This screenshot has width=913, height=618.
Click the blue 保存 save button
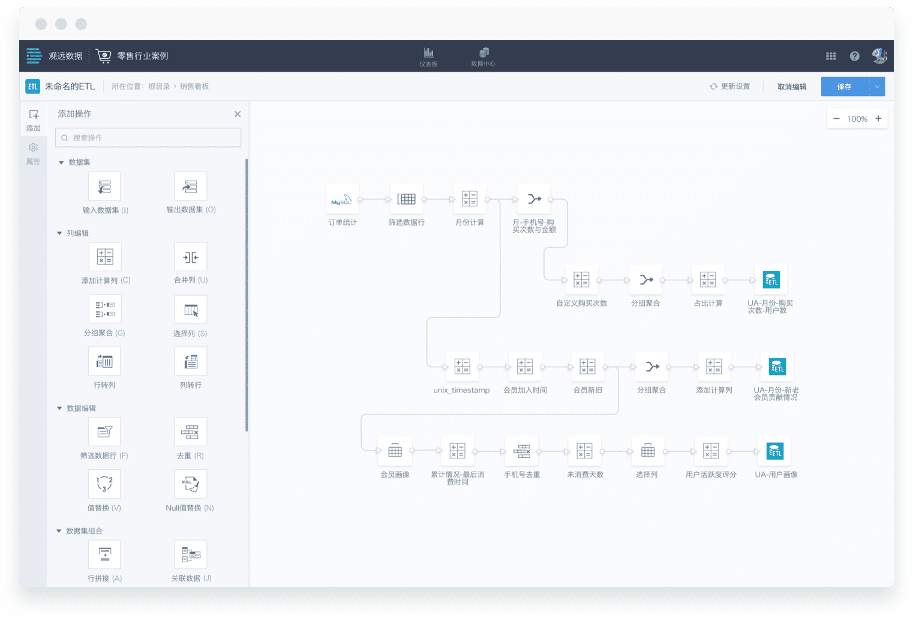click(x=844, y=86)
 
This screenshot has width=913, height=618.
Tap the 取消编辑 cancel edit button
click(x=792, y=86)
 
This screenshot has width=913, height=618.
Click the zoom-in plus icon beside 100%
click(x=878, y=119)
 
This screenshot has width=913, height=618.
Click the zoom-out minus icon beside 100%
click(x=836, y=119)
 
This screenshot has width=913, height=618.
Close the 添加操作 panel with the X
click(x=238, y=114)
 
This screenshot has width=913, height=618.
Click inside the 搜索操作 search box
click(x=148, y=138)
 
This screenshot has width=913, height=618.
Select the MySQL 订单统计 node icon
click(x=343, y=199)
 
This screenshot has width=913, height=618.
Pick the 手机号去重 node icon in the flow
click(x=521, y=451)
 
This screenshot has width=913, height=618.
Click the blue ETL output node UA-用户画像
click(x=774, y=451)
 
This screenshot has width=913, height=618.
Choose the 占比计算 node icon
click(x=708, y=280)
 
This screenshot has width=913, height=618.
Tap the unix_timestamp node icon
click(x=462, y=367)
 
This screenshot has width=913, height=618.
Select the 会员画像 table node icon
click(x=395, y=451)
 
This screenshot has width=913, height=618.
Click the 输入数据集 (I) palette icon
click(x=104, y=186)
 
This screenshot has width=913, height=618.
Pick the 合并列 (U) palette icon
click(x=190, y=257)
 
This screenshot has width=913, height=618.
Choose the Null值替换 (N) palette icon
click(x=190, y=484)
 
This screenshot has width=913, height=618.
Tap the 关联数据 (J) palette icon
click(x=190, y=554)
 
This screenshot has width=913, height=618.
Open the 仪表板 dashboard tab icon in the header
click(x=428, y=53)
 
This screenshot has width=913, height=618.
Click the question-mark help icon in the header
click(x=854, y=56)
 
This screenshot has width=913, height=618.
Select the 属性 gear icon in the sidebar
click(x=34, y=147)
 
